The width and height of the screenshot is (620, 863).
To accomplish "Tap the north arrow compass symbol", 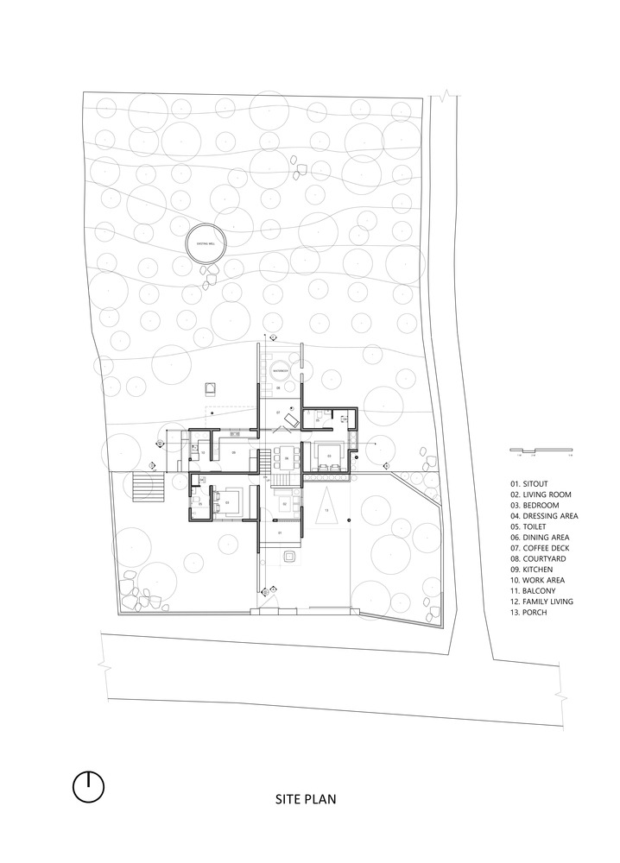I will pyautogui.click(x=89, y=786).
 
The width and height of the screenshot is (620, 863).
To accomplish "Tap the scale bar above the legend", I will pyautogui.click(x=540, y=450).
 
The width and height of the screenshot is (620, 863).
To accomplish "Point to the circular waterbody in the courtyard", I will pyautogui.click(x=281, y=370).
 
